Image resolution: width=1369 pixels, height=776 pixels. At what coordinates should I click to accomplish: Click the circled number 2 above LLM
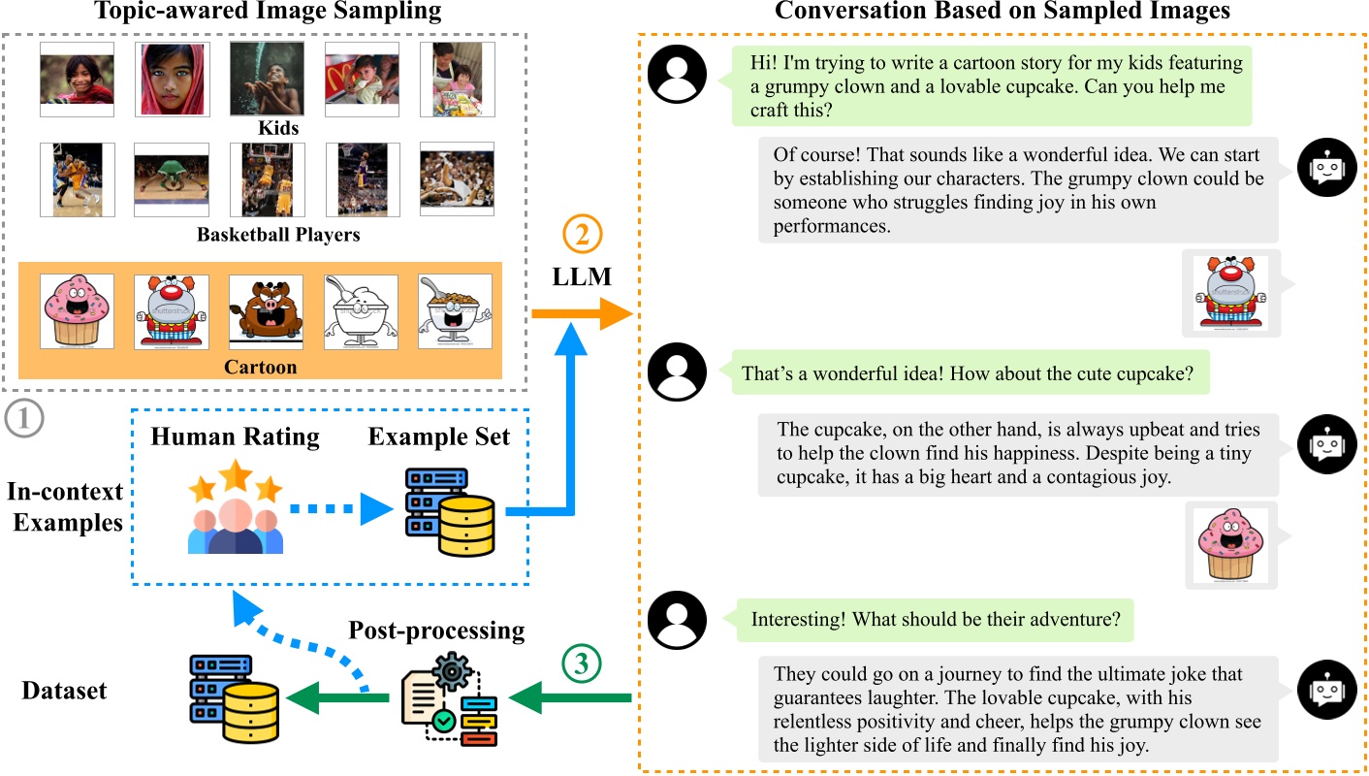[582, 234]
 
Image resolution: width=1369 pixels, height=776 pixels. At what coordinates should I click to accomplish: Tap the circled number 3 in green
[581, 663]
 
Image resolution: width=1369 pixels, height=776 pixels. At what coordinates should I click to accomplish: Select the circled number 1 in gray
[24, 418]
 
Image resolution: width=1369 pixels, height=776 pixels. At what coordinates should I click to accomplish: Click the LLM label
[581, 276]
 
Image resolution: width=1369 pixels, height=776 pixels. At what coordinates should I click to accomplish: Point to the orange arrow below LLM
[582, 313]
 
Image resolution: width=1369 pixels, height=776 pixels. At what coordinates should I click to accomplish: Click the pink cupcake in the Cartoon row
[77, 311]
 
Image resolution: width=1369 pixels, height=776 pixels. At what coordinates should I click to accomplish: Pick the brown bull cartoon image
[266, 311]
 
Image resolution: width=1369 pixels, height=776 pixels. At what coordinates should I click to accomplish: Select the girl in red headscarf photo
[172, 79]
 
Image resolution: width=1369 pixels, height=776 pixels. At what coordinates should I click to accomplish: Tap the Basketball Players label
[278, 234]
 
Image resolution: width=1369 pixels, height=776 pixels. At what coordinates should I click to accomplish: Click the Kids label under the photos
[278, 127]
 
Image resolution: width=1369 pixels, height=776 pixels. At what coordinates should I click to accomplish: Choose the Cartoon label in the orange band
[261, 367]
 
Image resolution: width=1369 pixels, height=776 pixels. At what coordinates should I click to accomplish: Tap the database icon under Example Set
[451, 512]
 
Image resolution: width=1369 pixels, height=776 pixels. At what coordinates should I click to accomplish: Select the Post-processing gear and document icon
[449, 699]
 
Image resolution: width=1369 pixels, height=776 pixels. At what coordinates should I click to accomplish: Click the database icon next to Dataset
[235, 698]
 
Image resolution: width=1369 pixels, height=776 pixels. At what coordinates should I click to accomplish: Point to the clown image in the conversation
[1231, 293]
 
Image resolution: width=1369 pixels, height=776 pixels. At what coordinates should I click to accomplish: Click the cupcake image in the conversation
[1231, 545]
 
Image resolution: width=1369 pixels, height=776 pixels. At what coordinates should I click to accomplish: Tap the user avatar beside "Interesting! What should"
[677, 620]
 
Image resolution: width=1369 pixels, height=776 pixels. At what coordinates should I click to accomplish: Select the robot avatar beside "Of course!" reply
[1327, 167]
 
